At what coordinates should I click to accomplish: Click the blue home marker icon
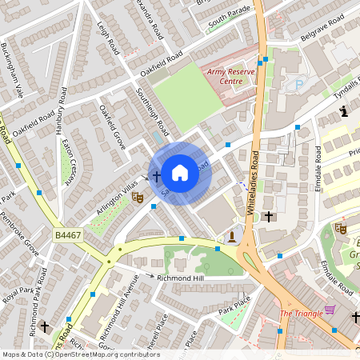pyautogui.click(x=180, y=172)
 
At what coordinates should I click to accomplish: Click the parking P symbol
pyautogui.click(x=299, y=83)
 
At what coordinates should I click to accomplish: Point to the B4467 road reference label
pyautogui.click(x=70, y=234)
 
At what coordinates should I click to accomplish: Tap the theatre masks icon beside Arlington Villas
pyautogui.click(x=137, y=194)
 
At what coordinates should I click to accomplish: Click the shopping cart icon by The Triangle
pyautogui.click(x=330, y=310)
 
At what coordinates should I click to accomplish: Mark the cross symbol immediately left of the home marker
pyautogui.click(x=156, y=174)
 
